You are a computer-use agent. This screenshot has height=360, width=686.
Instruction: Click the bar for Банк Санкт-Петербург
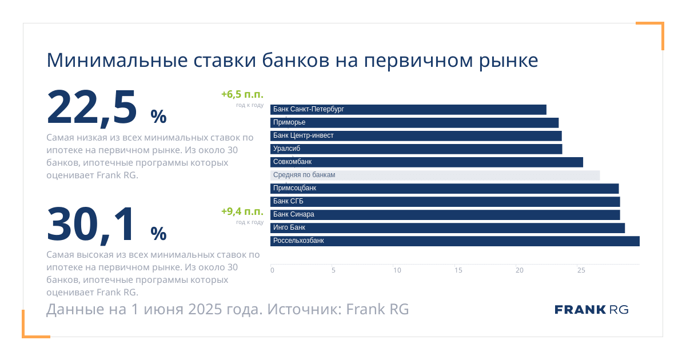[408, 110]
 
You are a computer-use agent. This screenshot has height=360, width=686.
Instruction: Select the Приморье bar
[414, 123]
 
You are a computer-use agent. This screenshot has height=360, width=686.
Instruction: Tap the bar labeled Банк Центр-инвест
[416, 136]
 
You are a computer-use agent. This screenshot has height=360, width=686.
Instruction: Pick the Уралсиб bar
[416, 149]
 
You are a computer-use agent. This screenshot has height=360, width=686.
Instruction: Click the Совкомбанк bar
[426, 162]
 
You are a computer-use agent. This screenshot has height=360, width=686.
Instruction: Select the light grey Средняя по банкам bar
[435, 175]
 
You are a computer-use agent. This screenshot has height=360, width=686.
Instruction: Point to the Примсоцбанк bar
[444, 189]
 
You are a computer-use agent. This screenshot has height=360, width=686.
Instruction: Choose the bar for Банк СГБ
[445, 202]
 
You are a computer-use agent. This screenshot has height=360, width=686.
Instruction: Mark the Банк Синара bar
[445, 215]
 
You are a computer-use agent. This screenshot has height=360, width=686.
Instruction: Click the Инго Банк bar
[448, 228]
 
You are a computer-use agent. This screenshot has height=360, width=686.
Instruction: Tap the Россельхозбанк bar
[455, 241]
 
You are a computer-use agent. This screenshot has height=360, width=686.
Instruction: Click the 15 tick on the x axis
[458, 270]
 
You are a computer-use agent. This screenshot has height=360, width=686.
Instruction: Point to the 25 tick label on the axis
[581, 270]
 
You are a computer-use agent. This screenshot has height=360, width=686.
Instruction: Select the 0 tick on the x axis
[272, 270]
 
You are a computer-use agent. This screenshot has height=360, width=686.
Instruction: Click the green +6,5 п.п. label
[242, 94]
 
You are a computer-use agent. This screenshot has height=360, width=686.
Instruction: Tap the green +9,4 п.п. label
[242, 211]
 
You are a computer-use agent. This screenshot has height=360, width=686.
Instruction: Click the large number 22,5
[91, 108]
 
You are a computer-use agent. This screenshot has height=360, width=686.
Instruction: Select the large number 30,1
[90, 225]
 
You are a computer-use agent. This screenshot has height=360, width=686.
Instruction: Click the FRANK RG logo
[591, 310]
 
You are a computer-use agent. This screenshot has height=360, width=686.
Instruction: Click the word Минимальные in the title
[117, 61]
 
